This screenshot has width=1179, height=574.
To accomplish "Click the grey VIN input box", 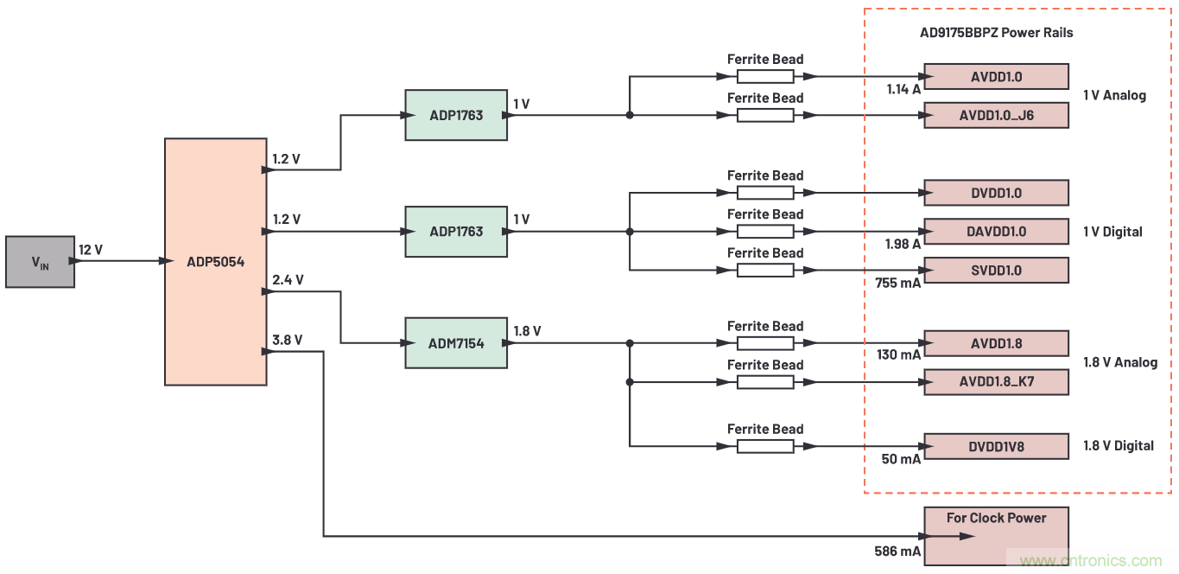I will [x=40, y=262].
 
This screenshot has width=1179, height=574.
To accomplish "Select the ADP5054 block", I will [x=215, y=262].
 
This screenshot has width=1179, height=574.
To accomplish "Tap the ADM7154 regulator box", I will [x=456, y=343].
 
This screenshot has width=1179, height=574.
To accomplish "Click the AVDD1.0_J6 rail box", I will [x=996, y=115].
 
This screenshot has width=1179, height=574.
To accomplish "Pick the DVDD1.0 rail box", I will [x=996, y=193].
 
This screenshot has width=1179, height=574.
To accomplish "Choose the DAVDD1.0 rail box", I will [x=996, y=232].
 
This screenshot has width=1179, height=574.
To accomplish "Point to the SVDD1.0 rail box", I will [x=996, y=271].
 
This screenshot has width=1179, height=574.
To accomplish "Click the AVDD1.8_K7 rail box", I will [x=996, y=382].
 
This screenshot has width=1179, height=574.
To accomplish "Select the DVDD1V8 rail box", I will [x=996, y=446].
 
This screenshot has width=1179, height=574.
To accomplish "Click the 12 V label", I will [x=91, y=250].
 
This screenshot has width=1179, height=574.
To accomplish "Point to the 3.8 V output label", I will [x=287, y=340].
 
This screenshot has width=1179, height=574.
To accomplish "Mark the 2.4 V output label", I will [x=287, y=280].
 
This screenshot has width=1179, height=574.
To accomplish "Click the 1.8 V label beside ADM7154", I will [x=527, y=331].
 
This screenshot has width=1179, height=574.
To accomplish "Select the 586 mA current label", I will [x=897, y=551].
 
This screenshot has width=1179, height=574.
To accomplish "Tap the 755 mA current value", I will [x=897, y=283].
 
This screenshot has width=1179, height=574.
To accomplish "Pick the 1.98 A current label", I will [x=903, y=245].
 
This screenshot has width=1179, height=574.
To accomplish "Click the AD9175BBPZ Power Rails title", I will [x=996, y=33].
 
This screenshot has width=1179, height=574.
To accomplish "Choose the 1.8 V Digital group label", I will [x=1119, y=446].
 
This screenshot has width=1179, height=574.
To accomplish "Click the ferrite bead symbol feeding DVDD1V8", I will [x=764, y=446].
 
